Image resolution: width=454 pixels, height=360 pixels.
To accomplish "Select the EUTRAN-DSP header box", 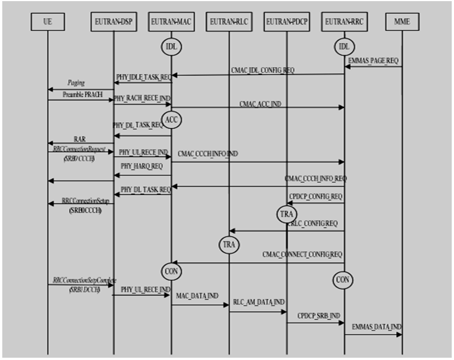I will click(112, 22).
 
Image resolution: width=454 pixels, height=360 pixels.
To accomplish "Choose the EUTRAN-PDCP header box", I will click(287, 22).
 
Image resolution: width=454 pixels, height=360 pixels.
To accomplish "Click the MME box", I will click(402, 22).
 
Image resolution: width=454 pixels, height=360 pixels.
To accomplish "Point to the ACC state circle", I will click(171, 119).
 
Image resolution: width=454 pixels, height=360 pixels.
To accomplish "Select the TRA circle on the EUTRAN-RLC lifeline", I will click(229, 245).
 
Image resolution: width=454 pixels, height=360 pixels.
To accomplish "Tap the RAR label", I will click(79, 138).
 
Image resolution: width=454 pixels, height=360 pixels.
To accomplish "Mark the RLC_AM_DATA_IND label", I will click(258, 303).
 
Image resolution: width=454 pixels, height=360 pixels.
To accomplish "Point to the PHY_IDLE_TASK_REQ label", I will click(142, 76).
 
